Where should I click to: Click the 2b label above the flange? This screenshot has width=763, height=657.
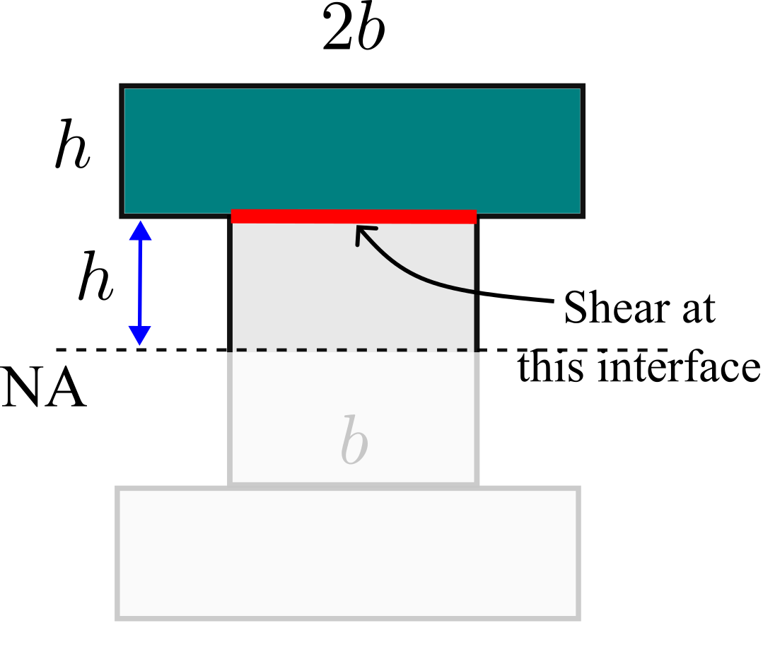click(x=354, y=28)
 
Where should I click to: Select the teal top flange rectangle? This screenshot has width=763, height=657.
click(x=352, y=151)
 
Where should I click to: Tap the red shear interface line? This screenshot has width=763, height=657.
click(x=354, y=216)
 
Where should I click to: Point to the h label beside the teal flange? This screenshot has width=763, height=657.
click(x=72, y=144)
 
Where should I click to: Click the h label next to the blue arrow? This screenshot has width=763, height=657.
click(x=96, y=276)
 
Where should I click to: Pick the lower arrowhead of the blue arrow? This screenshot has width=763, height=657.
click(x=139, y=335)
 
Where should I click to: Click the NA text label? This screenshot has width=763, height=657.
click(x=44, y=388)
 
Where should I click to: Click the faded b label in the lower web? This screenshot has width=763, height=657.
click(x=354, y=439)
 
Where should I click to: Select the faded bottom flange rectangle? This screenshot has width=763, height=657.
click(x=348, y=553)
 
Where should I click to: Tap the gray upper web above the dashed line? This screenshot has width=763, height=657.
click(x=354, y=287)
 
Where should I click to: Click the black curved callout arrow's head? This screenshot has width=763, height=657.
click(x=364, y=234)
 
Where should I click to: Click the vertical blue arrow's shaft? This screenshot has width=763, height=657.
click(x=140, y=283)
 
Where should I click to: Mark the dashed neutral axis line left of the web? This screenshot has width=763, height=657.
click(x=141, y=349)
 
